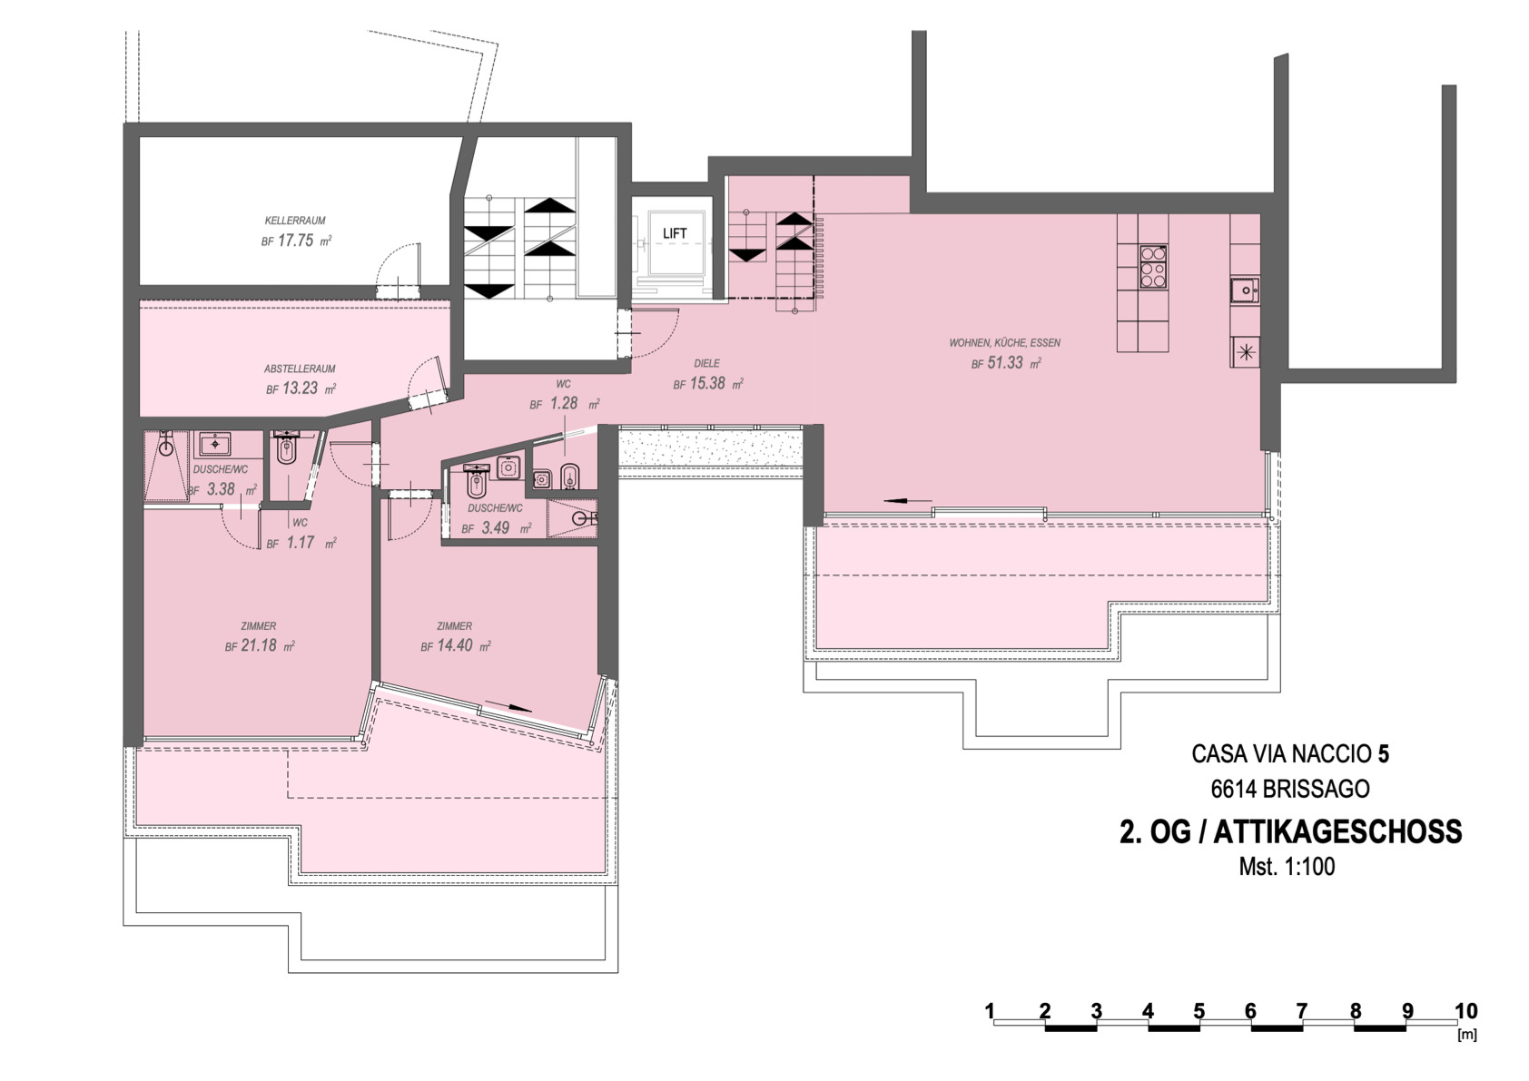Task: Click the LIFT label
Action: coord(675,233)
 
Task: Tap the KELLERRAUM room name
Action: coord(295,221)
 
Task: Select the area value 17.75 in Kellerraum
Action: coord(296,241)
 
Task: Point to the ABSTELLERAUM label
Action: coord(300,369)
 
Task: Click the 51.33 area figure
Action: coord(1006,363)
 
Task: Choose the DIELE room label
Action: coord(706,363)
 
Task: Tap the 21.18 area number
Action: coord(259,645)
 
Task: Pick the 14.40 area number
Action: coord(455,645)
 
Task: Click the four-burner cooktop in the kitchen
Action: coord(1154,267)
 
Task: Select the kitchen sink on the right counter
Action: coord(1246,290)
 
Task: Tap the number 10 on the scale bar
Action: coord(1466,1011)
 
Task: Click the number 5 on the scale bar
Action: coord(1199,1011)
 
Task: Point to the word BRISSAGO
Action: coord(1316,789)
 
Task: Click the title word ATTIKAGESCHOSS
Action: coord(1338,832)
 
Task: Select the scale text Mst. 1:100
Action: coord(1287,867)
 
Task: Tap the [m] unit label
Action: coord(1467,1035)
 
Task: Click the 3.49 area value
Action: coord(495,527)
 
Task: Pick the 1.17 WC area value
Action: coord(300,544)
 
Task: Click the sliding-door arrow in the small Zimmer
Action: coord(508,706)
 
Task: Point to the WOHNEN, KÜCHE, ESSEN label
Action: coord(1005,342)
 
